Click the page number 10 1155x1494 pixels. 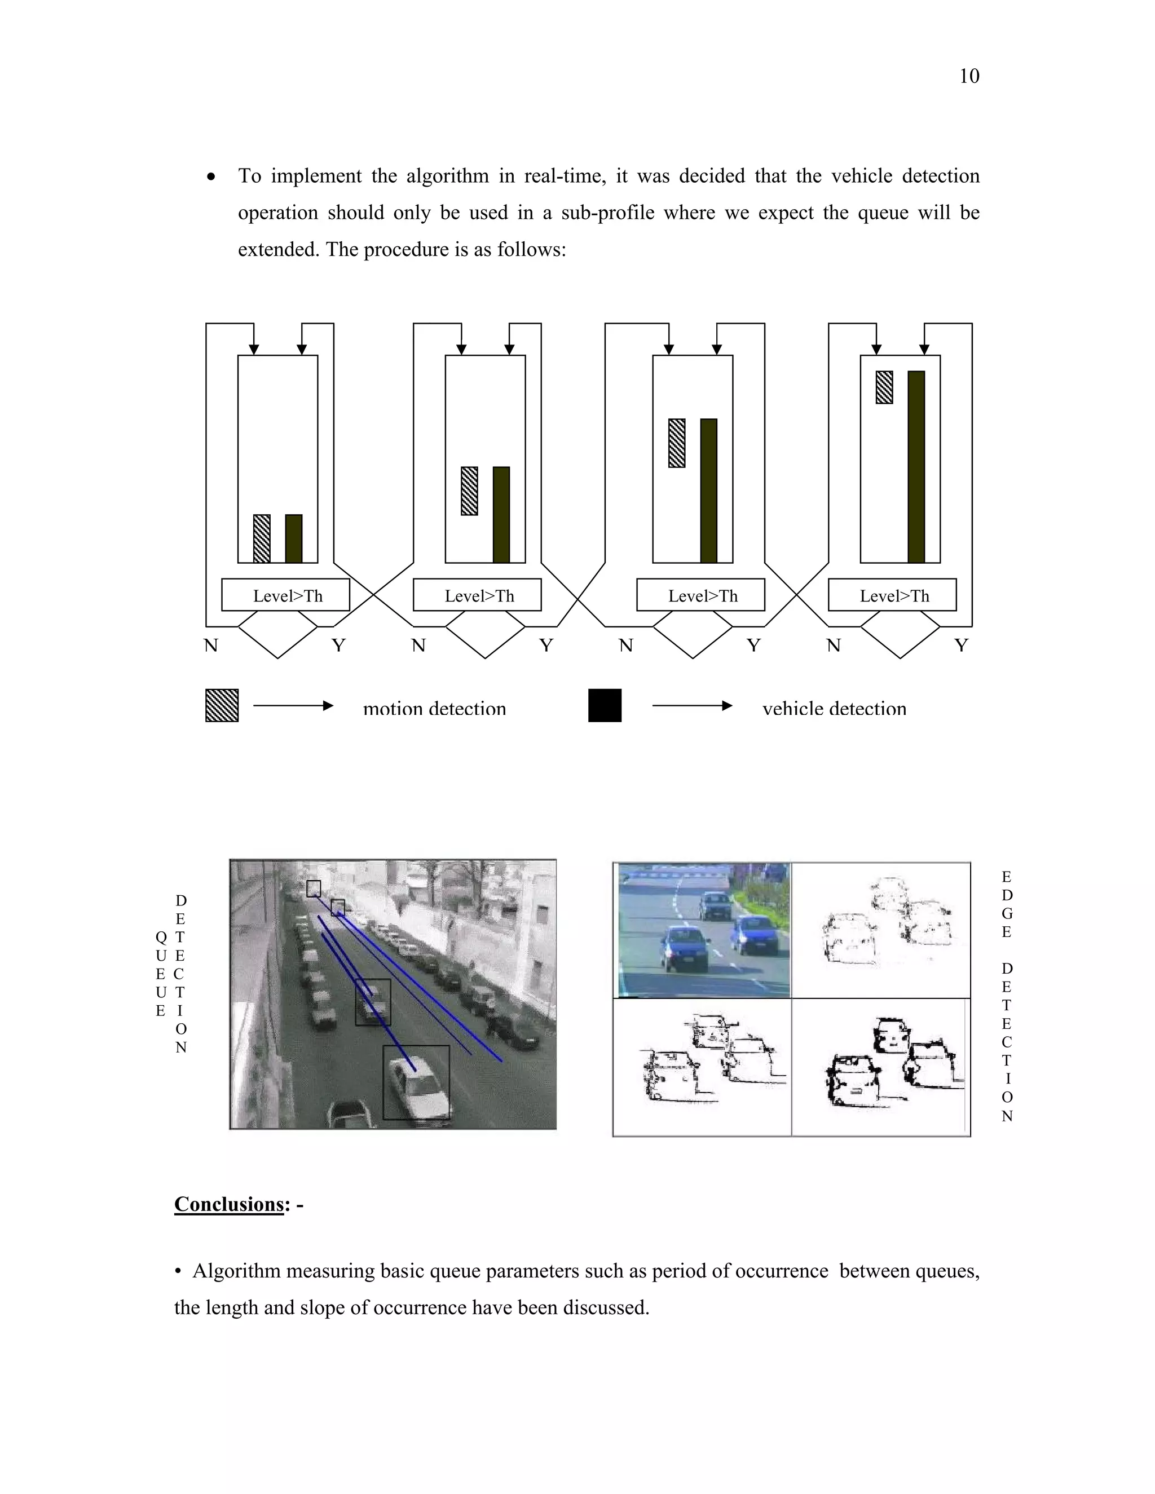tap(969, 76)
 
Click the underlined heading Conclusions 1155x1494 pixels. tap(228, 1204)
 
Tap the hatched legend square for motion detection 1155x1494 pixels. tap(222, 705)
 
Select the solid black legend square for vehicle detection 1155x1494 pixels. tap(605, 705)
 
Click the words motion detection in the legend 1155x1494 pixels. tap(434, 709)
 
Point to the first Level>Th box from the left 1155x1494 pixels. tap(285, 595)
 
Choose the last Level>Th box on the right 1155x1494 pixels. tap(892, 595)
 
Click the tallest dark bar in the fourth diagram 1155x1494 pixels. tap(916, 467)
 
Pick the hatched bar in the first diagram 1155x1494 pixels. tap(261, 538)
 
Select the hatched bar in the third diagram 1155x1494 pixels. tap(677, 443)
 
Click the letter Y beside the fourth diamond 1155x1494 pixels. tap(962, 645)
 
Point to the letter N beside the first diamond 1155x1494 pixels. tap(211, 645)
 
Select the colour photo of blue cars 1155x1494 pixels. tap(703, 930)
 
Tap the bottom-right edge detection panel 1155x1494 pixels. tap(880, 1067)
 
